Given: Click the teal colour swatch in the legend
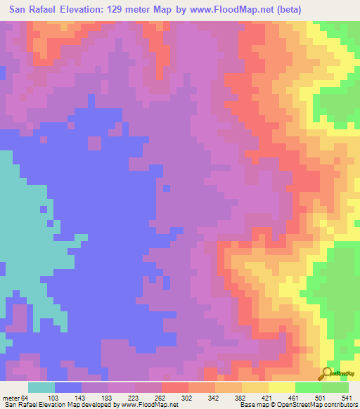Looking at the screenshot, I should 41,387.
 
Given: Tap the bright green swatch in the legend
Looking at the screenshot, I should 308,387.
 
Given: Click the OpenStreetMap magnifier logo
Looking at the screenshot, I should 328,372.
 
